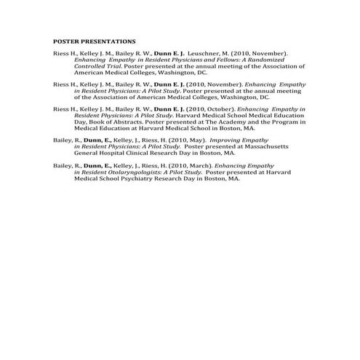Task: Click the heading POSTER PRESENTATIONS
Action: tap(95, 41)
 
